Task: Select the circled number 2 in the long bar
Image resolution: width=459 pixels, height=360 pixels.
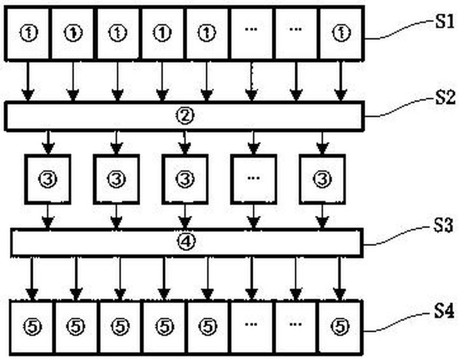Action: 184,115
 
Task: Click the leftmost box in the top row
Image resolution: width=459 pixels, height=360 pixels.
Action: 28,33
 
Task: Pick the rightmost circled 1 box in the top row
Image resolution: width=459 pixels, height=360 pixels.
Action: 342,33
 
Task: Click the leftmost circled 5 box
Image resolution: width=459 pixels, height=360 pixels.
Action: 33,326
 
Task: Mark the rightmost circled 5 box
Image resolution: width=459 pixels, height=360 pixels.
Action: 341,326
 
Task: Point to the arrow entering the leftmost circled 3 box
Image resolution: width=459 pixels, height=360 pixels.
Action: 48,144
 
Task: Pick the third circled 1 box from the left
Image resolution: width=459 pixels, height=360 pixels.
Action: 118,33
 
